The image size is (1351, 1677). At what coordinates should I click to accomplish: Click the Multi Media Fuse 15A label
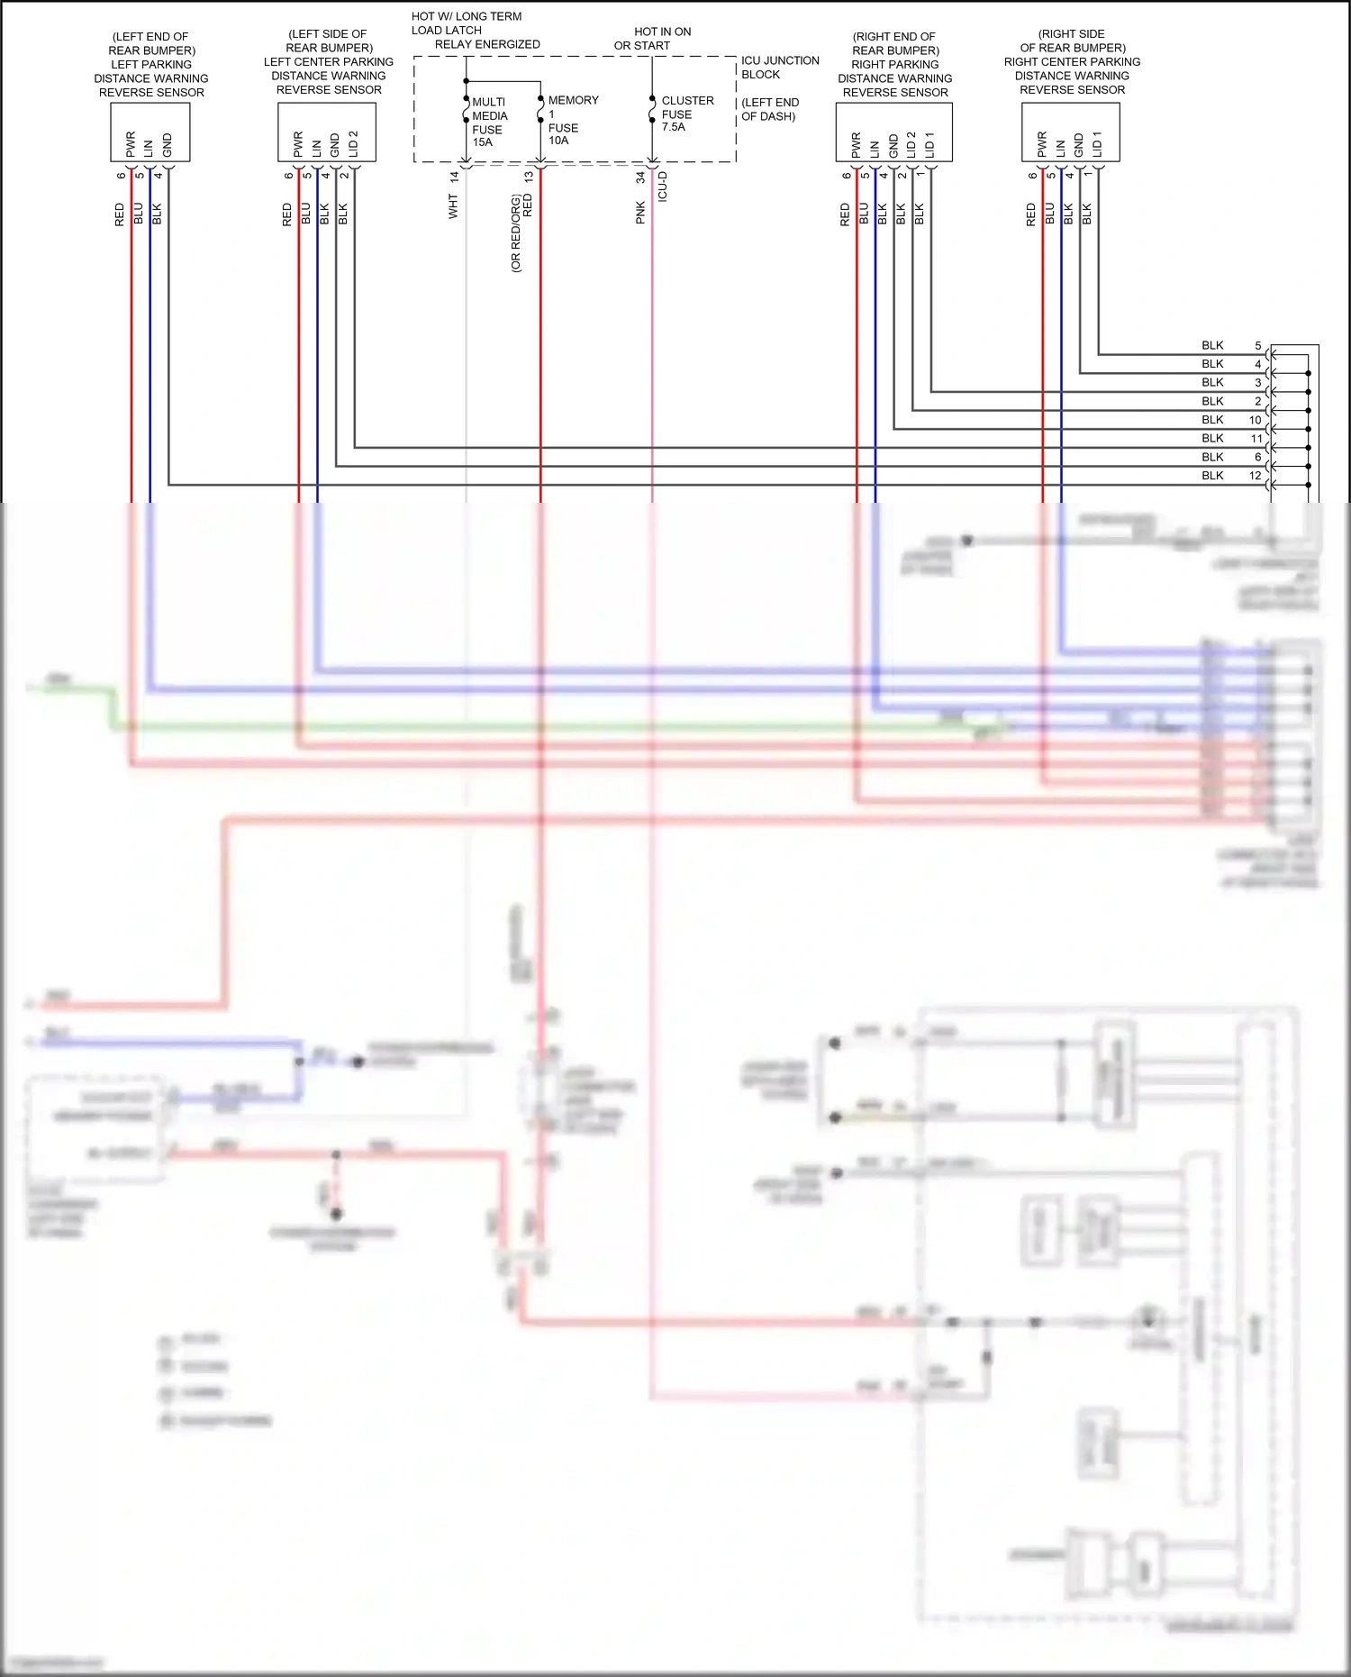click(x=489, y=122)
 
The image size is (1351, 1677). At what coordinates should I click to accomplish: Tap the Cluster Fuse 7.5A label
click(x=686, y=114)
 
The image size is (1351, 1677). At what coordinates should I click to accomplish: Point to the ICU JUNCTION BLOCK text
click(x=779, y=68)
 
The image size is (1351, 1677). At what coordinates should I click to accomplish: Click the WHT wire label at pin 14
click(x=453, y=207)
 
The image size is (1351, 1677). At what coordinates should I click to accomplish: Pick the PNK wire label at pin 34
click(x=640, y=213)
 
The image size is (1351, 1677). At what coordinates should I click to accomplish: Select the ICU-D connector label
click(x=663, y=187)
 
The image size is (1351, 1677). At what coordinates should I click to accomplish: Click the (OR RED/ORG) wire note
click(x=516, y=233)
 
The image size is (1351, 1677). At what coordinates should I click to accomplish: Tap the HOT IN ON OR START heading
click(x=653, y=38)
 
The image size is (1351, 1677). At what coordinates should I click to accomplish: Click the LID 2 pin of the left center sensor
click(x=353, y=143)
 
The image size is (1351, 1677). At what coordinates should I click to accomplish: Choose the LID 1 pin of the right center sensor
click(x=1097, y=143)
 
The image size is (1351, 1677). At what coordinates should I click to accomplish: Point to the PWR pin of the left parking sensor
click(x=131, y=143)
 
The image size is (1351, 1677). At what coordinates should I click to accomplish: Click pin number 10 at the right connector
click(x=1255, y=420)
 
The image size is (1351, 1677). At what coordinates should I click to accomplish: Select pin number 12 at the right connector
click(x=1255, y=476)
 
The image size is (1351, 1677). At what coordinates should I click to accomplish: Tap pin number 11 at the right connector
click(x=1256, y=439)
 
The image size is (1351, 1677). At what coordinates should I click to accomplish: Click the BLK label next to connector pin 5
click(x=1212, y=346)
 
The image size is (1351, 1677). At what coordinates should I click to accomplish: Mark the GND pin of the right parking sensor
click(x=893, y=145)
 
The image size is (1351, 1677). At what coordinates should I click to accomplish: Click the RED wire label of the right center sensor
click(x=1030, y=214)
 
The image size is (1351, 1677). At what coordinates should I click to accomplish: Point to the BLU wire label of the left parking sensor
click(x=139, y=214)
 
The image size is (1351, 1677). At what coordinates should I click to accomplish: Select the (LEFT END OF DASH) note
click(x=770, y=109)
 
